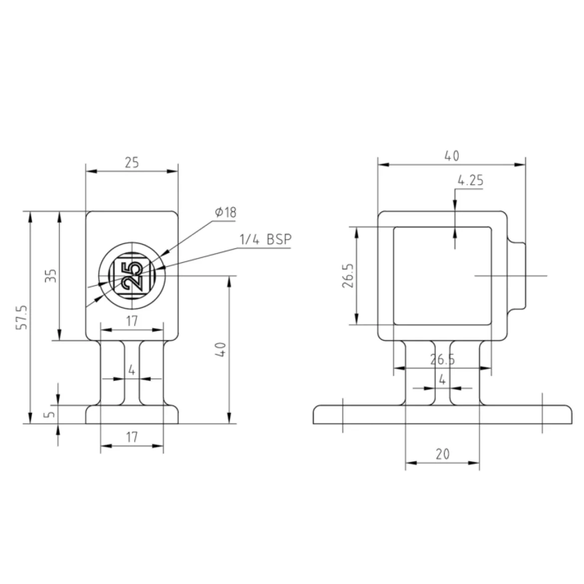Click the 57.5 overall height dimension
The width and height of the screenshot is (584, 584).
click(x=22, y=317)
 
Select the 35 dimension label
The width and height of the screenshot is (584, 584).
click(x=51, y=275)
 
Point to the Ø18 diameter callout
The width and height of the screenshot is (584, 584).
click(x=225, y=212)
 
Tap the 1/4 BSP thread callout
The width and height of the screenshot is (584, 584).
click(x=265, y=239)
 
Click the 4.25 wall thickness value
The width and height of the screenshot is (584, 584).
click(x=470, y=180)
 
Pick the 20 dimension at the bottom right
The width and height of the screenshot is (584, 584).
click(x=442, y=454)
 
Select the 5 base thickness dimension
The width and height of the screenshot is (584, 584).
click(x=50, y=414)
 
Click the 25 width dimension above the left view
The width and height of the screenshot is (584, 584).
click(x=131, y=163)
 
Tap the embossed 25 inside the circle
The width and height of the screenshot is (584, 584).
click(x=132, y=276)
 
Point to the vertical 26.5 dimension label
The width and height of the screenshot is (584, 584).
click(x=348, y=276)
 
